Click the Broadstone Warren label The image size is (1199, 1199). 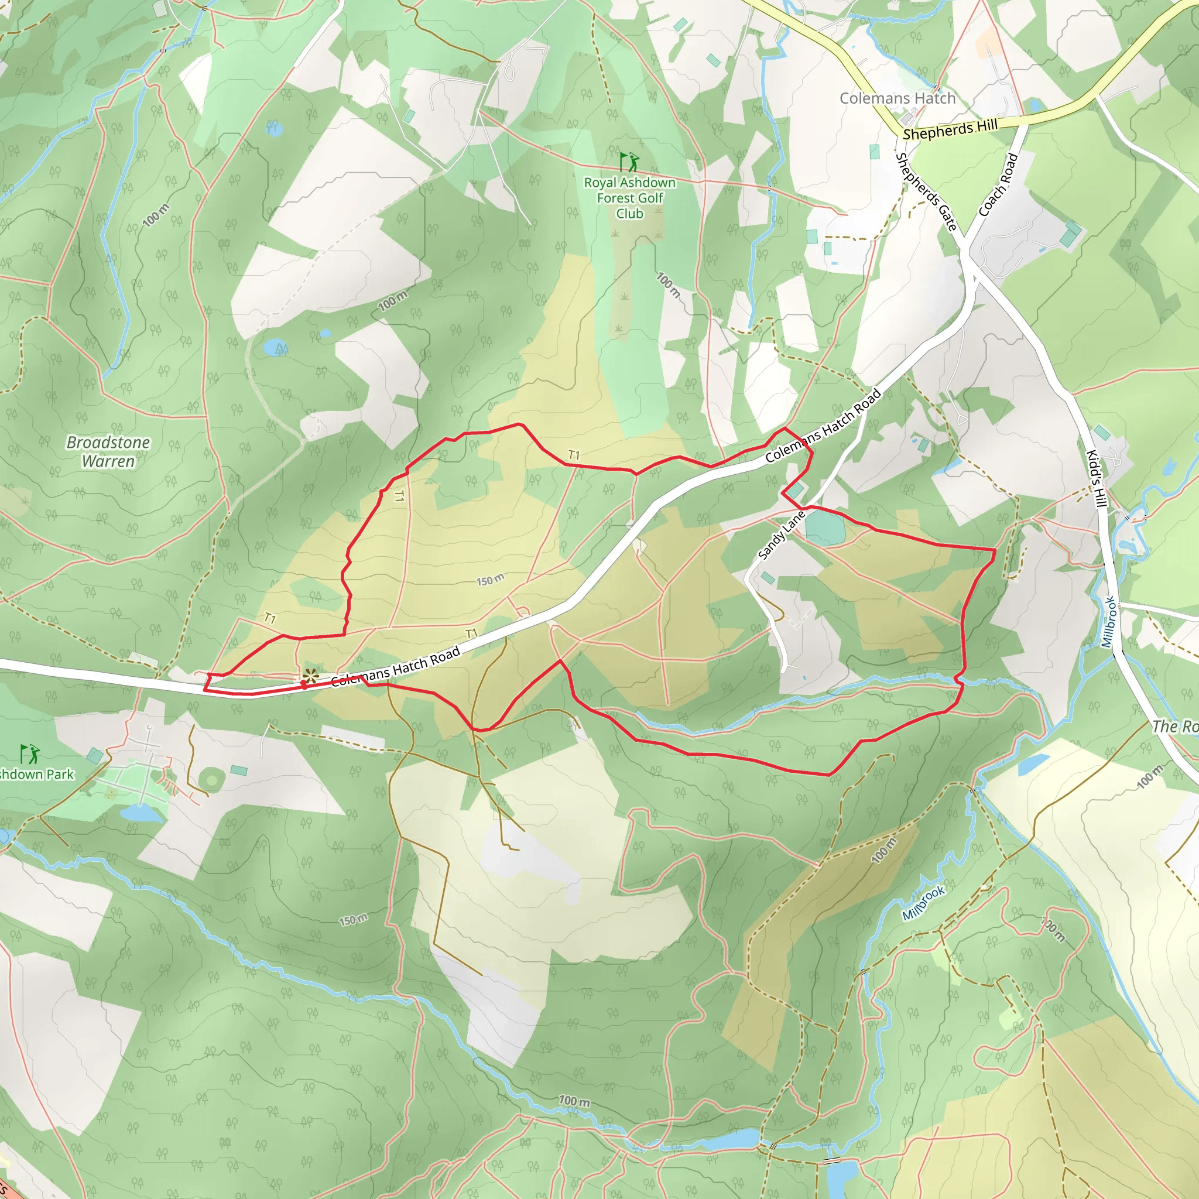click(x=109, y=452)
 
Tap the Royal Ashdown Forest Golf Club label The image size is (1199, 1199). click(x=629, y=198)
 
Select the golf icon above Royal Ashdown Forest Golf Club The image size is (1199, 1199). click(x=629, y=163)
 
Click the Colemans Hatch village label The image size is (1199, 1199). click(x=897, y=98)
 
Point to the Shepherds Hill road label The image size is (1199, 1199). click(x=950, y=130)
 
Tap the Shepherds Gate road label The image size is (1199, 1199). click(x=926, y=192)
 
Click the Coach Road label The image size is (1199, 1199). click(x=998, y=184)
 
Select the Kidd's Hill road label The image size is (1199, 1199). click(x=1097, y=478)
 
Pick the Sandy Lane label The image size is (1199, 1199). click(x=782, y=535)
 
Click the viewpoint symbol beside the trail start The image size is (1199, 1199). click(x=310, y=676)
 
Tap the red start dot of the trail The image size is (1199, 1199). click(x=303, y=684)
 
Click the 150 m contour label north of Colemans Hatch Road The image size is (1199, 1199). click(x=490, y=580)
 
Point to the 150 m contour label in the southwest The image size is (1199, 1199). click(x=353, y=920)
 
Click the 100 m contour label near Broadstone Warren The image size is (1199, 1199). click(x=156, y=215)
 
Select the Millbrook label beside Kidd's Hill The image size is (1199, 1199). click(x=1109, y=622)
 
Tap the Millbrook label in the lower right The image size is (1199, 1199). click(x=923, y=903)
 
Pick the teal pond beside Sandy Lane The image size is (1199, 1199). click(x=825, y=528)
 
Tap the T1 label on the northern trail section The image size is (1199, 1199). click(x=574, y=455)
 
